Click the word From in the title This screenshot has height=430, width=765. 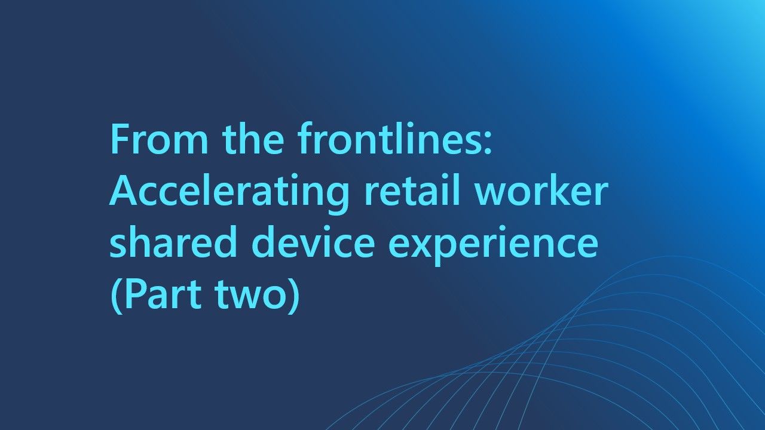(x=159, y=139)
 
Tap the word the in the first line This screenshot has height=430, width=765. (x=253, y=138)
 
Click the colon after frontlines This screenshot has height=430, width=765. (x=488, y=143)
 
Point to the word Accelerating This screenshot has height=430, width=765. (x=229, y=193)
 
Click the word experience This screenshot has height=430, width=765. (x=494, y=245)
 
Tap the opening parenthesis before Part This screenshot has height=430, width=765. (x=116, y=295)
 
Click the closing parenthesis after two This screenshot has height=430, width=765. (x=295, y=295)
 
